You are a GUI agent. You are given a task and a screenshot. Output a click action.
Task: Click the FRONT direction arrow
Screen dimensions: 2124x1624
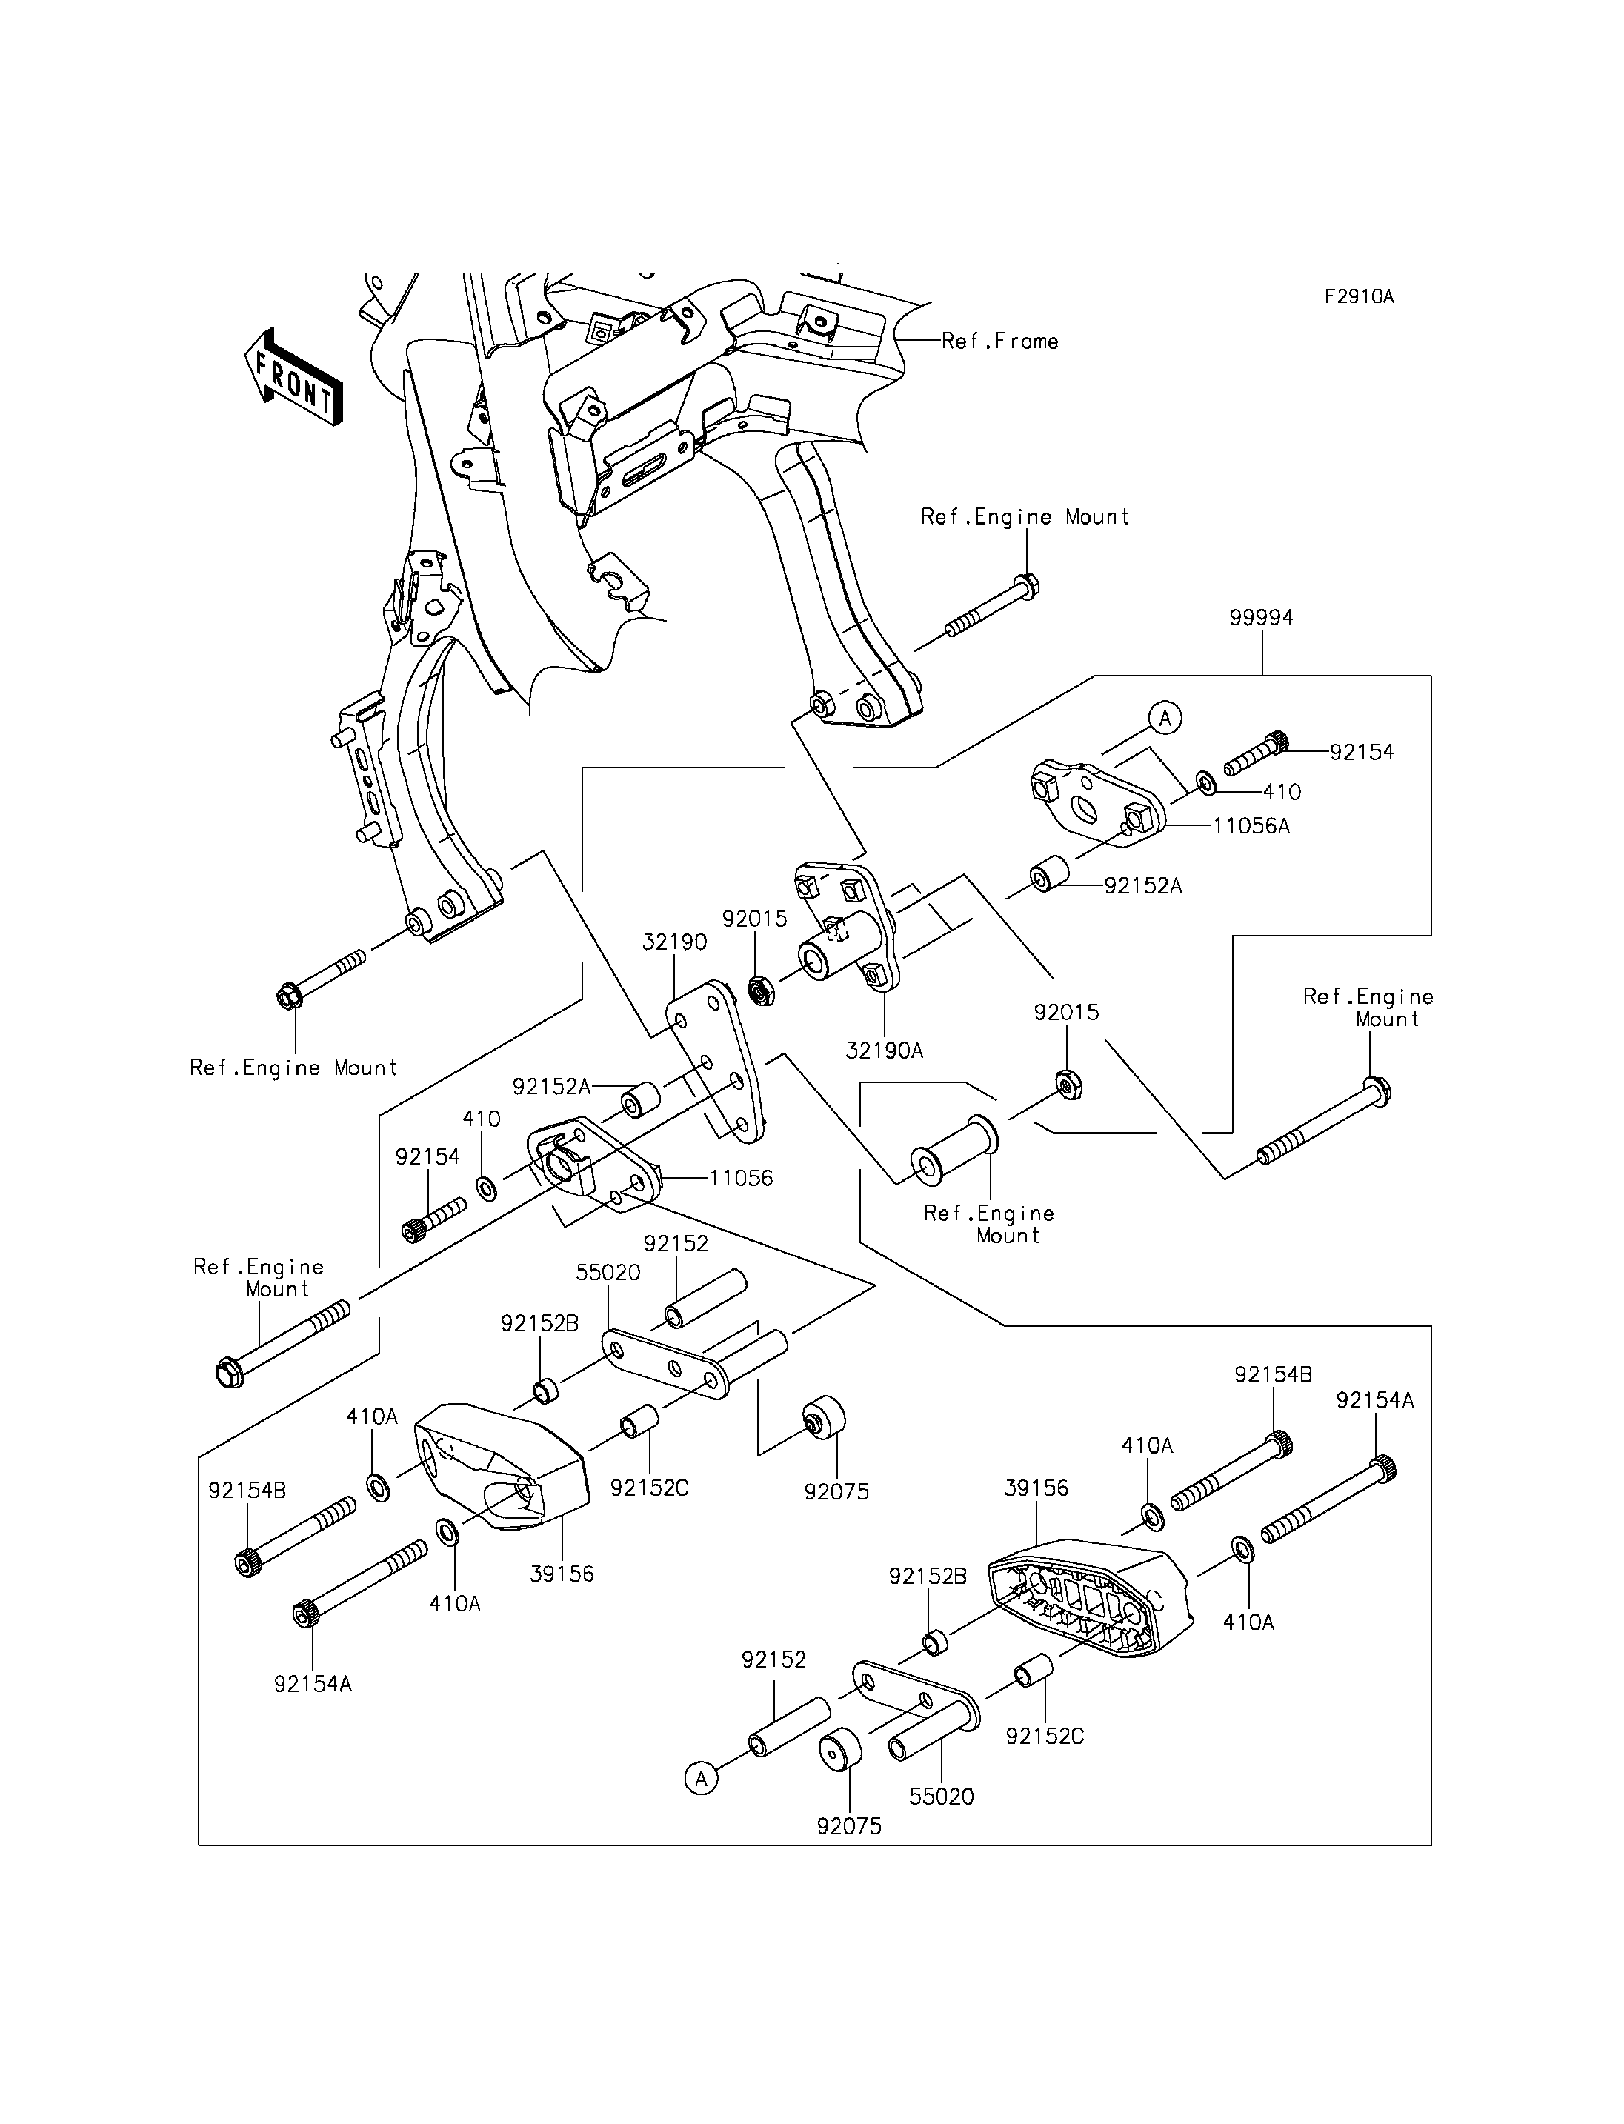(x=293, y=378)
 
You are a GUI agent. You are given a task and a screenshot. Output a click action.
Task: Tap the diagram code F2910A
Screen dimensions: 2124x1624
(x=1358, y=297)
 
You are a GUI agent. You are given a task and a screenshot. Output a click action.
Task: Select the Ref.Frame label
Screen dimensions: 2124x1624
(x=999, y=342)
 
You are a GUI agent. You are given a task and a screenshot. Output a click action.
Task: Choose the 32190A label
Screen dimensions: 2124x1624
(x=884, y=1050)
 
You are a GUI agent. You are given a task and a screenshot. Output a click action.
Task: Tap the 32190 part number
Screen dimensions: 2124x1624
(x=675, y=942)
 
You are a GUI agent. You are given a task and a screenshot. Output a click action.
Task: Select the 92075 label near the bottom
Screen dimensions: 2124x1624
(x=849, y=1826)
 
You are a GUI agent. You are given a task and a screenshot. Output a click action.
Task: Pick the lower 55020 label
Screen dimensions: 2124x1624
(x=942, y=1797)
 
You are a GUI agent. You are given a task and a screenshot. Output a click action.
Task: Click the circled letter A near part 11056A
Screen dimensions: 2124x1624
(x=1165, y=719)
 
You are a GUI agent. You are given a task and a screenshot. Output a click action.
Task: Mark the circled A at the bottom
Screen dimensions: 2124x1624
(x=702, y=1778)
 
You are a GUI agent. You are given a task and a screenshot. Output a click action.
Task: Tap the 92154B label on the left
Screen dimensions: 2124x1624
(x=247, y=1491)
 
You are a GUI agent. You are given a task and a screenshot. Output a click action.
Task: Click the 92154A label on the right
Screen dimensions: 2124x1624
(x=1374, y=1400)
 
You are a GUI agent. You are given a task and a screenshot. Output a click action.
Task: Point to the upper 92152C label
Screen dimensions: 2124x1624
(x=648, y=1488)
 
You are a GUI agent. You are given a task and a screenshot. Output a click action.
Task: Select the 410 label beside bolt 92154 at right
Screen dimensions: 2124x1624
(x=1282, y=792)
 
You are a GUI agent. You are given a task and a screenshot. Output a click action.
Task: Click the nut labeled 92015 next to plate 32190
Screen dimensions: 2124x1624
(x=762, y=992)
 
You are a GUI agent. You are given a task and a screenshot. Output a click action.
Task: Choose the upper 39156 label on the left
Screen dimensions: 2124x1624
(x=562, y=1573)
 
